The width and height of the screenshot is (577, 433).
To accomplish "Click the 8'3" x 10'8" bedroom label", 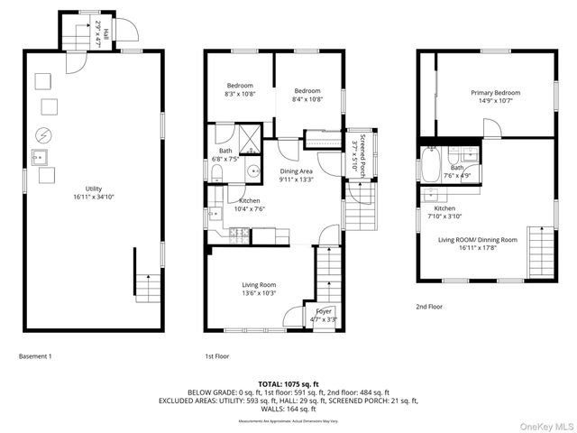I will [x=240, y=91].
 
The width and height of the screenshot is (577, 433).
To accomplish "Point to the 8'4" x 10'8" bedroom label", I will [x=307, y=95].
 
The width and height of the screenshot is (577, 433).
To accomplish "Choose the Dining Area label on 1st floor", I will [x=296, y=176].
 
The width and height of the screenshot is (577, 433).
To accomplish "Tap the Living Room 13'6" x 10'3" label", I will [x=258, y=289].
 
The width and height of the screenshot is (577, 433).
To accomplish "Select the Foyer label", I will [x=324, y=315].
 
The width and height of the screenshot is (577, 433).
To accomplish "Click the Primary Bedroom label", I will [x=495, y=97].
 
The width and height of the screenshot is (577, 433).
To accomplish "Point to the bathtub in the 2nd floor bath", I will [x=431, y=168].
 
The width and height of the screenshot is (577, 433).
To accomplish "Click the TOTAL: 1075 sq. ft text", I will [x=288, y=383].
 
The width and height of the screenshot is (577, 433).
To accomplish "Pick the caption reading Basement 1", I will [x=35, y=356].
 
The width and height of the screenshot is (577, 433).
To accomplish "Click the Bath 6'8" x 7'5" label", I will [x=224, y=155].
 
